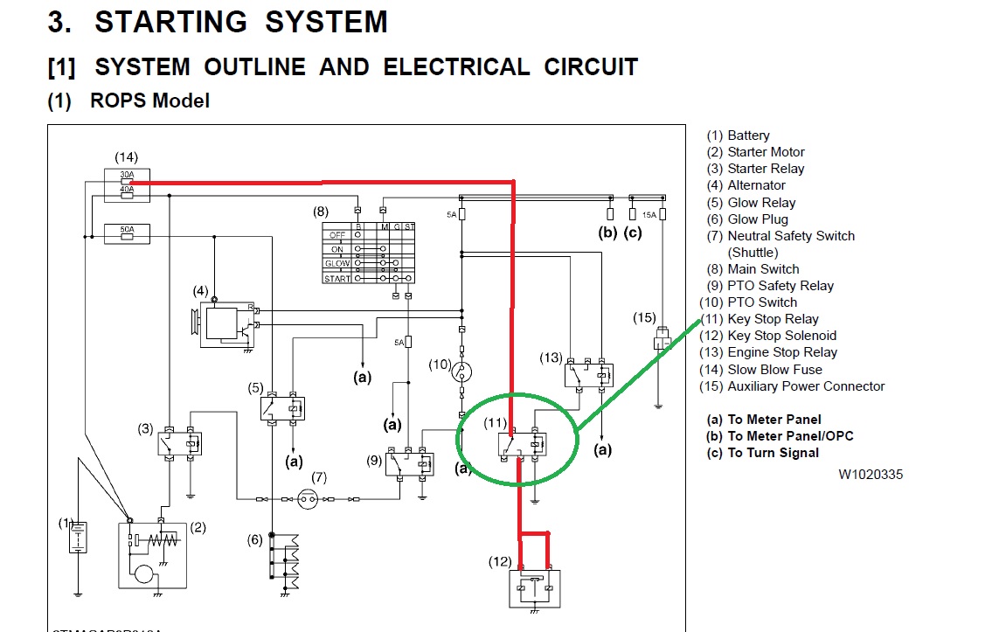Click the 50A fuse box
tap(127, 233)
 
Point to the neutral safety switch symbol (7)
tap(307, 499)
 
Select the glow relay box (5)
tap(282, 407)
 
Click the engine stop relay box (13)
tap(586, 373)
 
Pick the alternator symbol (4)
tap(222, 324)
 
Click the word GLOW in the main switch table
tap(337, 263)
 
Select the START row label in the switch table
tap(336, 279)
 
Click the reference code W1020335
tap(871, 475)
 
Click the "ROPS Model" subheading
tap(149, 101)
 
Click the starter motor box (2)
tap(153, 554)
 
